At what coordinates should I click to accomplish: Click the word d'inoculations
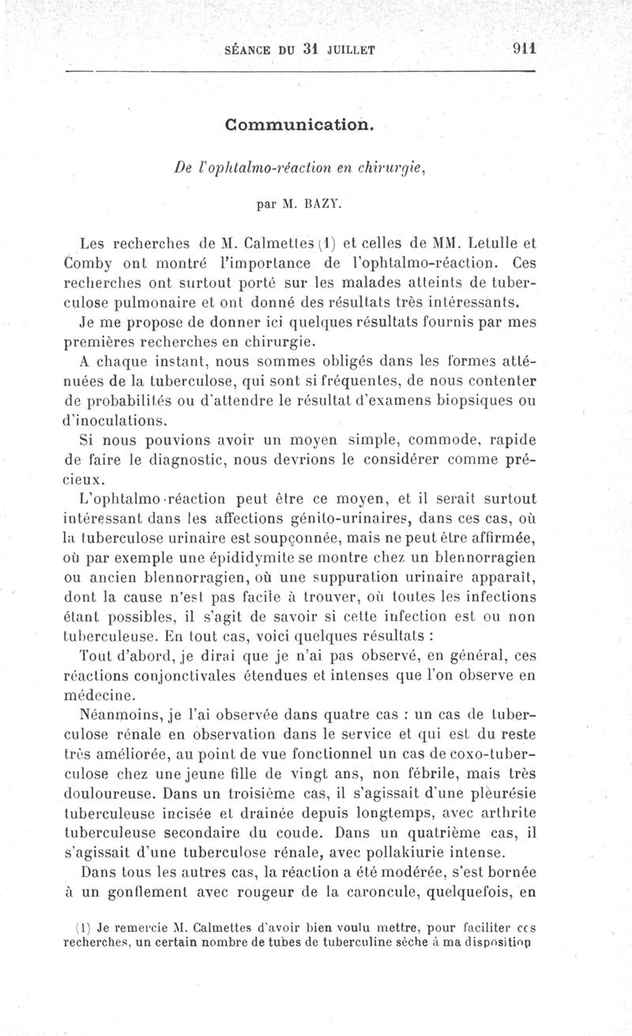(x=114, y=420)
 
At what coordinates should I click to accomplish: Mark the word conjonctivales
(x=179, y=675)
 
